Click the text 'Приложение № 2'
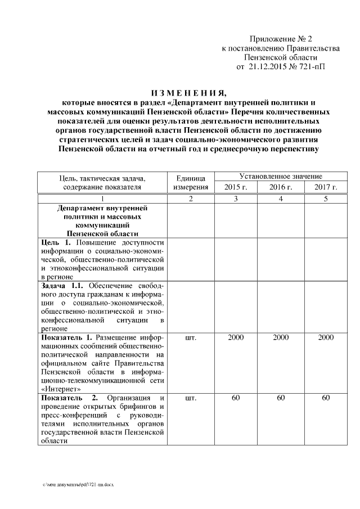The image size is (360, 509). [x=281, y=39]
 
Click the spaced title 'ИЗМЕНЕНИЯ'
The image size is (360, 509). [x=188, y=93]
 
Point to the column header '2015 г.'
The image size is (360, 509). [x=236, y=187]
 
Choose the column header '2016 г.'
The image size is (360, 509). [x=281, y=187]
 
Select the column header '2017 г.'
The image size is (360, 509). [x=326, y=187]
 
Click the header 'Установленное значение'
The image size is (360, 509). [x=281, y=177]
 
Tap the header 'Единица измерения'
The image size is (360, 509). [x=190, y=182]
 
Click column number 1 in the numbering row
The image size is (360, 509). [x=102, y=199]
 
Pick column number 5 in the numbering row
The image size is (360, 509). [x=326, y=199]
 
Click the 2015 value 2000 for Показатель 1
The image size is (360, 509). [x=236, y=337]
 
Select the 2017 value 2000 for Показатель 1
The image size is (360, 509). [x=326, y=337]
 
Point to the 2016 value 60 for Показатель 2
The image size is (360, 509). [x=281, y=398]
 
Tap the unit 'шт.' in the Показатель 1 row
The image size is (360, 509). [x=190, y=337]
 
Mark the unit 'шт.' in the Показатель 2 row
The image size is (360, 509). [x=190, y=398]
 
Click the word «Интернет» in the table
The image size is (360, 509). [x=61, y=388]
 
